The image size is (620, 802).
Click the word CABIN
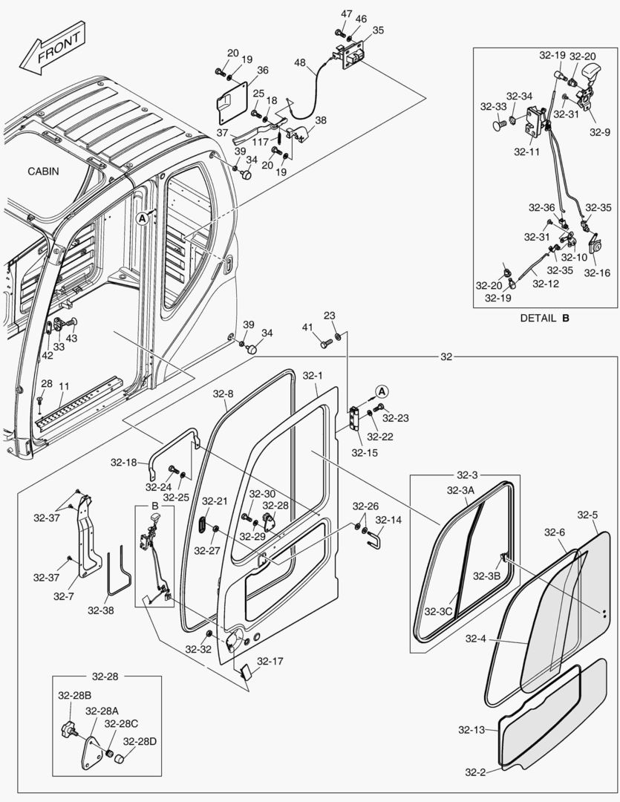43,171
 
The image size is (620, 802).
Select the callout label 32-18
124,463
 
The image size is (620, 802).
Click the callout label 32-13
474,730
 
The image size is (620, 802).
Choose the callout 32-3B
487,576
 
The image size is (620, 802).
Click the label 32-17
270,661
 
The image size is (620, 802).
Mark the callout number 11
65,386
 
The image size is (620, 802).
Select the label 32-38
101,610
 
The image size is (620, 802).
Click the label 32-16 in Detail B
596,273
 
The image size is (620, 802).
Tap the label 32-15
364,452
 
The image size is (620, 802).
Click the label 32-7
63,595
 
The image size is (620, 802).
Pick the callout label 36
263,71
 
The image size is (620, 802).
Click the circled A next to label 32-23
381,391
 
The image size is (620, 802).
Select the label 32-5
587,515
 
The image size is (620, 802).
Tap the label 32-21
215,501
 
